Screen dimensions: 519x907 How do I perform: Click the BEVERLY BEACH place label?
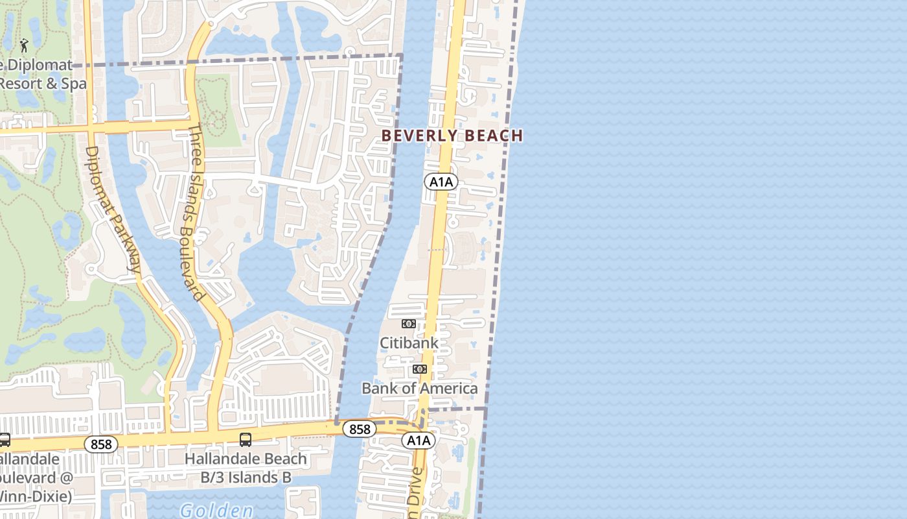(x=452, y=136)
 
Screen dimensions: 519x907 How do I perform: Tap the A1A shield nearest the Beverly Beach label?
(x=441, y=182)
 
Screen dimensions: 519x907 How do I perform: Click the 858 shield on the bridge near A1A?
(x=359, y=429)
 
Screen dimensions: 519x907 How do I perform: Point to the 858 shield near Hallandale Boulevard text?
(x=101, y=444)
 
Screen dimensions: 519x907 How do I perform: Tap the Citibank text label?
(x=409, y=343)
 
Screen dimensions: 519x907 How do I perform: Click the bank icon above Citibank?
(x=408, y=323)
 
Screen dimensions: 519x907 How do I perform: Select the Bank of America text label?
(x=419, y=388)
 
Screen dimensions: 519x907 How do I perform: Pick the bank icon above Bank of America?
(x=420, y=369)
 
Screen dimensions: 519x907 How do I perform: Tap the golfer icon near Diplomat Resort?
(x=25, y=45)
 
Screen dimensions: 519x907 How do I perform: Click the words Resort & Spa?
(x=43, y=84)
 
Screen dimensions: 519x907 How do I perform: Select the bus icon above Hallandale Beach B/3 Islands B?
(x=246, y=439)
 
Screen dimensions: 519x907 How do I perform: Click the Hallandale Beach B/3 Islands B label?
(x=246, y=468)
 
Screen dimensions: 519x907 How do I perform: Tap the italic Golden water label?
(x=216, y=511)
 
